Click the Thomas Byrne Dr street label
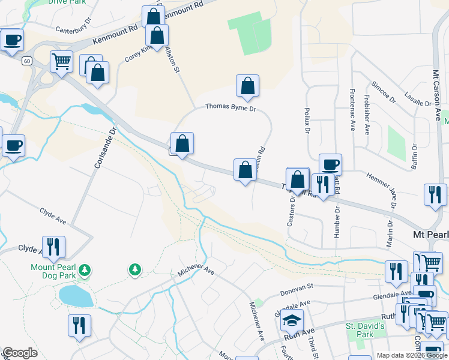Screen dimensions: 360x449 click(231, 108)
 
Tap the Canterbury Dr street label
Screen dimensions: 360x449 click(72, 28)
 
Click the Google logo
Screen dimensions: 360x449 click(19, 353)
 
